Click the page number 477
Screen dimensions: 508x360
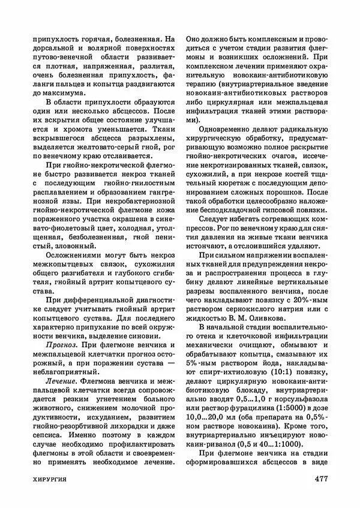(316, 480)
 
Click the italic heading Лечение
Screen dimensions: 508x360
(61, 381)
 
